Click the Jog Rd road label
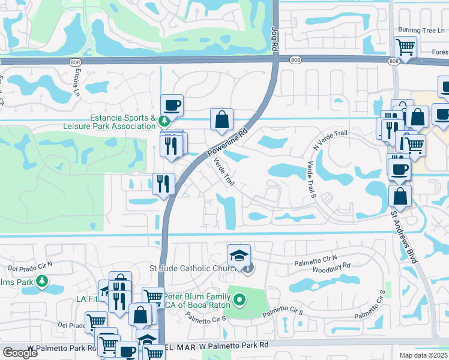pyautogui.click(x=274, y=35)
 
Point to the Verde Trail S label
pyautogui.click(x=311, y=177)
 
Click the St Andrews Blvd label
pyautogui.click(x=403, y=232)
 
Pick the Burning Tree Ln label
pyautogui.click(x=423, y=30)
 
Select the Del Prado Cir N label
pyautogui.click(x=30, y=265)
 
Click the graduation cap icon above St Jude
pyautogui.click(x=239, y=254)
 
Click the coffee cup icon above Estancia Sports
pyautogui.click(x=172, y=105)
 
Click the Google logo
pyautogui.click(x=20, y=353)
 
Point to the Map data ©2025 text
pyautogui.click(x=424, y=355)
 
